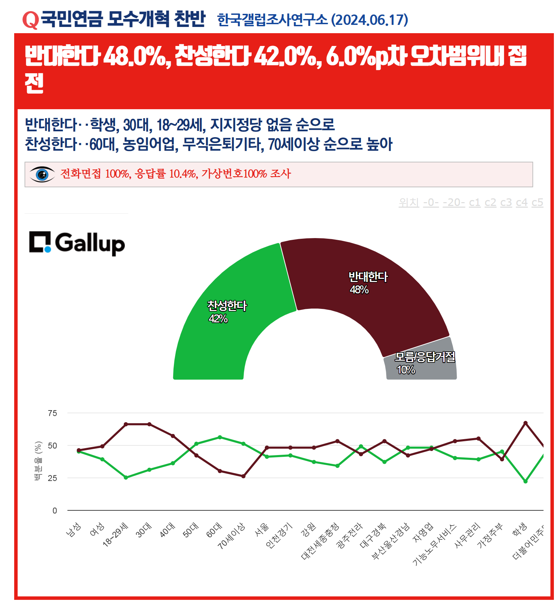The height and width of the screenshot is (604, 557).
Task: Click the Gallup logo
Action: coord(77,243)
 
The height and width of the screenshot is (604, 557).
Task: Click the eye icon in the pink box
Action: coord(42,174)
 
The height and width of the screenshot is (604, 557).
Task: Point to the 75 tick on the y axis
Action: coord(53,413)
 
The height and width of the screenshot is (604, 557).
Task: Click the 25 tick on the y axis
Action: coord(53,478)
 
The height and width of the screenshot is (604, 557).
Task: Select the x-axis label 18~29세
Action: coord(116,535)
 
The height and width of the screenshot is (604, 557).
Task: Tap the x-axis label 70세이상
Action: coord(232,536)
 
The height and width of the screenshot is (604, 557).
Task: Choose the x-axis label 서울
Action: coord(261,530)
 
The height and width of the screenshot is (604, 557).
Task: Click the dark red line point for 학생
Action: coord(525,423)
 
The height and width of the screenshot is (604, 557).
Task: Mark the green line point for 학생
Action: coord(525,481)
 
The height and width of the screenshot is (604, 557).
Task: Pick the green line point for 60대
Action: coord(220,437)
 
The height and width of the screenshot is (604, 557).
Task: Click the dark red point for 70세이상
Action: coord(243,476)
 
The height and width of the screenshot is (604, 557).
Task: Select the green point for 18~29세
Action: coord(126,478)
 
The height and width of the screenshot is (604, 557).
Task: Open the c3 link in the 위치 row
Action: coord(506,202)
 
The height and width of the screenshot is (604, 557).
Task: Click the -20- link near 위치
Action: coord(454,202)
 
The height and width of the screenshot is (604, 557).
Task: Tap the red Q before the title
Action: coord(30,20)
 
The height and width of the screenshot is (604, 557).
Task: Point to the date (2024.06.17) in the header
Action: coord(369,20)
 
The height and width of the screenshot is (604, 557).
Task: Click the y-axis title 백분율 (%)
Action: coord(38,461)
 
